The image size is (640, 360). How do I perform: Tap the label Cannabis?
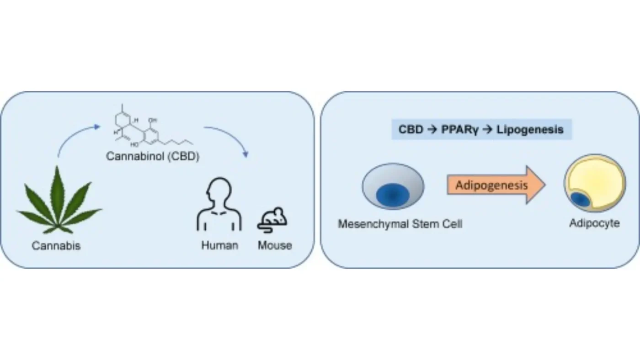click(x=56, y=246)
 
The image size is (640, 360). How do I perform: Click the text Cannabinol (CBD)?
click(x=152, y=156)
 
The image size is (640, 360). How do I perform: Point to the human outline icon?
click(x=219, y=205)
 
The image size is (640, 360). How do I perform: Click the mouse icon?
click(x=272, y=218)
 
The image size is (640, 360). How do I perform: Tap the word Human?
click(x=219, y=245)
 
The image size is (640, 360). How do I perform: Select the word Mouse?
click(x=275, y=245)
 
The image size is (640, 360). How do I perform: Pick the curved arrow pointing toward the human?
click(x=231, y=137)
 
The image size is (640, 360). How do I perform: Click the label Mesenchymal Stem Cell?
click(x=400, y=224)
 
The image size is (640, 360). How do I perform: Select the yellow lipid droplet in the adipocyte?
click(x=596, y=180)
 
